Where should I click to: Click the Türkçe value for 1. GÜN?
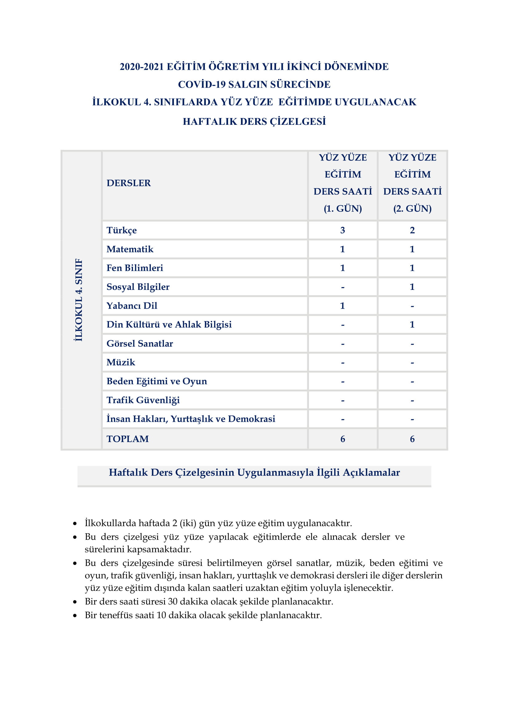click(343, 230)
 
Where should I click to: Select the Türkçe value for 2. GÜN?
click(412, 230)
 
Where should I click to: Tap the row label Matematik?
click(130, 249)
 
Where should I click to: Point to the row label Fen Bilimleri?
click(135, 268)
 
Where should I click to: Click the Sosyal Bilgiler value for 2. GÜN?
click(412, 287)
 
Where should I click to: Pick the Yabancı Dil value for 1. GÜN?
click(343, 306)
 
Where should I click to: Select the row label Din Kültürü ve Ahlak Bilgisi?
click(169, 324)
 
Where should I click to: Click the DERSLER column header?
click(129, 183)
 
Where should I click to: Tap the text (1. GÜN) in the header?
click(343, 208)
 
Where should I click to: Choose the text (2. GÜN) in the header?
click(412, 208)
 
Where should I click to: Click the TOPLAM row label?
click(128, 439)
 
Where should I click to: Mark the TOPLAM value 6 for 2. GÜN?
click(412, 439)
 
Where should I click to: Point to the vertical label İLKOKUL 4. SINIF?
click(79, 300)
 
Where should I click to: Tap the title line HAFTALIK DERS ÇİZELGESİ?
click(254, 121)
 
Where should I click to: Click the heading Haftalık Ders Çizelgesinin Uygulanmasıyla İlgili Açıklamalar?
click(254, 472)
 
